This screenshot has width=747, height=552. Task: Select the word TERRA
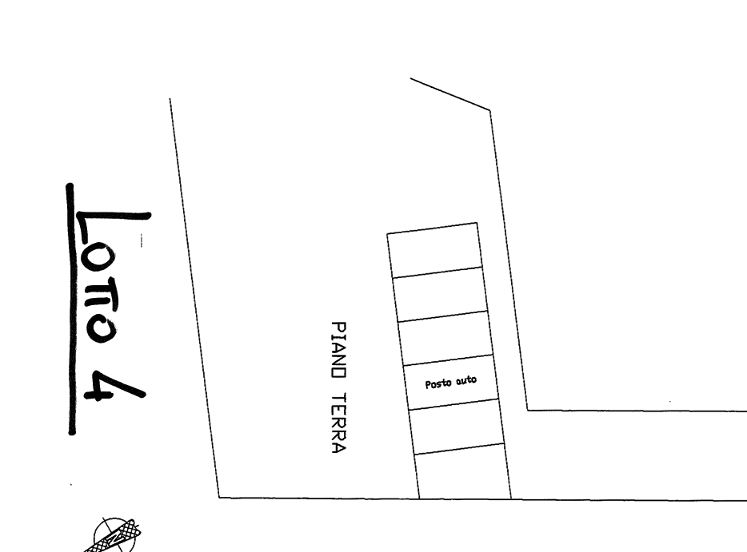pos(339,424)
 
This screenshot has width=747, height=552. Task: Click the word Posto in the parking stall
pos(438,384)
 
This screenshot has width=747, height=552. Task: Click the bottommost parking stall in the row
pos(464,472)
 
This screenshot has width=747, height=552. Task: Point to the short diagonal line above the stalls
pos(449,93)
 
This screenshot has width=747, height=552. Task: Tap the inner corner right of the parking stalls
pos(527,410)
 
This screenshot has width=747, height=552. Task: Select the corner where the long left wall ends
pos(220,497)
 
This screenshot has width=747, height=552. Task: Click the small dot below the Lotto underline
pos(71,484)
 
